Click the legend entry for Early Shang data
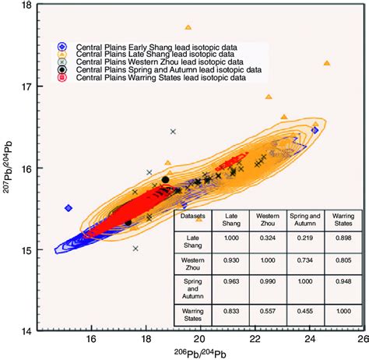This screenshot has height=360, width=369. pos(148,46)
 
